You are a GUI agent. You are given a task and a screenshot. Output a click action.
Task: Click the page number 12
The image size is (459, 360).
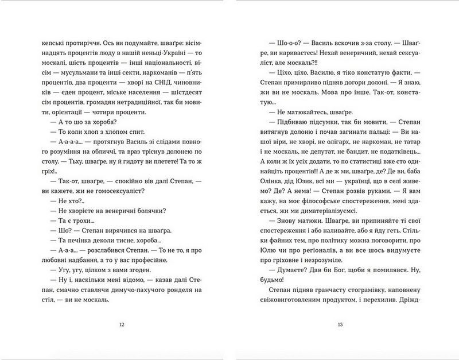[120, 324]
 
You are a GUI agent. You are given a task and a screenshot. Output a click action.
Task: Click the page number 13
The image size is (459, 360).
[340, 324]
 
